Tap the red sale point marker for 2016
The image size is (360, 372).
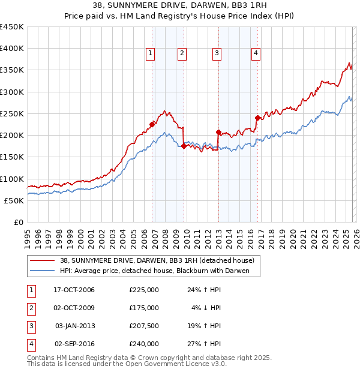pyautogui.click(x=257, y=118)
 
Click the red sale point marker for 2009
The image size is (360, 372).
pyautogui.click(x=184, y=146)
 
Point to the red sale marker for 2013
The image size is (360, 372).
pyautogui.click(x=218, y=132)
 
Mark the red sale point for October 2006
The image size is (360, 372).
pyautogui.click(x=152, y=125)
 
